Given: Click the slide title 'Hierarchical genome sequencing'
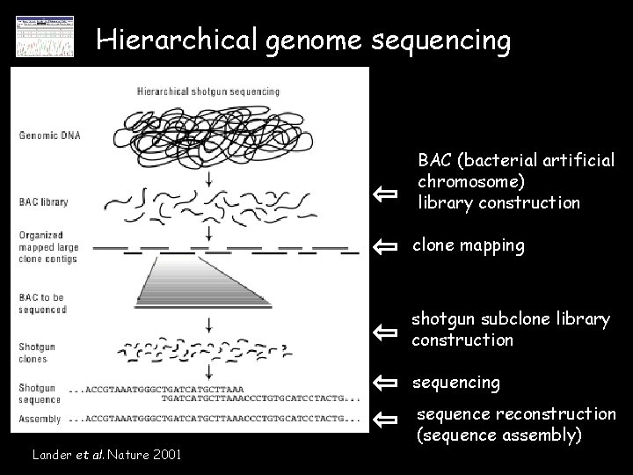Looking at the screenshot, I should click(303, 40).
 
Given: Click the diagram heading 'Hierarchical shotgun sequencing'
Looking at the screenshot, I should click(208, 91).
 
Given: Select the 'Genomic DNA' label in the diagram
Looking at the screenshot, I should click(48, 135).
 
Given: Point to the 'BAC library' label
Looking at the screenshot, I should click(44, 201).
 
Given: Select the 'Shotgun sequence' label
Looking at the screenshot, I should click(40, 393).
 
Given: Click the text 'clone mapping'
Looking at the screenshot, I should click(469, 246).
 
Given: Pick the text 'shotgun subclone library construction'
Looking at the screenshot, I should click(510, 330).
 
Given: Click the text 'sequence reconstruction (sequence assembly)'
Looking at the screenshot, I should click(515, 424).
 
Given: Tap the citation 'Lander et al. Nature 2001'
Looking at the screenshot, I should click(106, 455).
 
